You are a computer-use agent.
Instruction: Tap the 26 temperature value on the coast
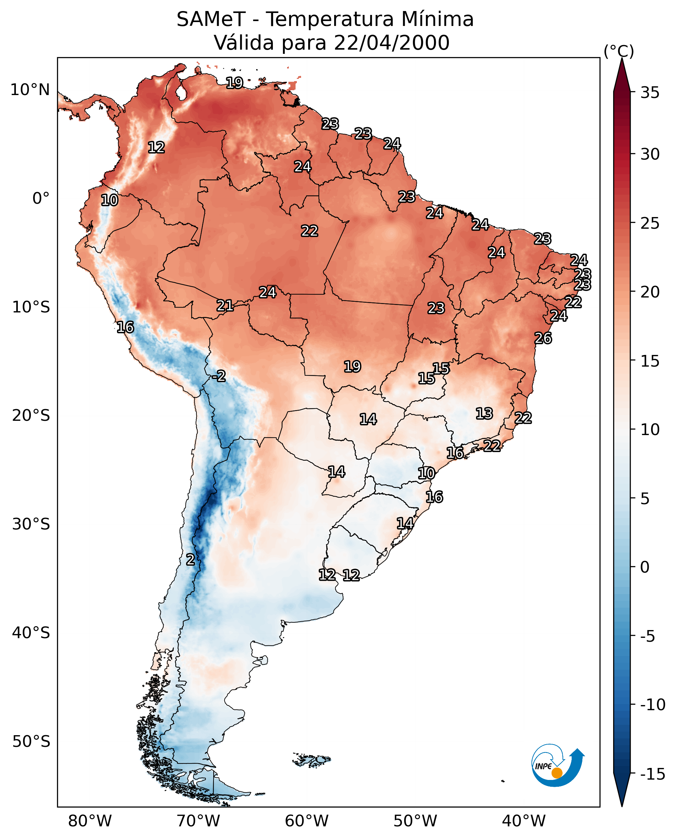click(x=543, y=338)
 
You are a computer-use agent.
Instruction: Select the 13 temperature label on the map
click(x=484, y=413)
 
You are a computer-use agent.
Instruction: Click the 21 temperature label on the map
click(x=225, y=305)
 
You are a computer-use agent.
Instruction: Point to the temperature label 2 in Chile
click(x=190, y=559)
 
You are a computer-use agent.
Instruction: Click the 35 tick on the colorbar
click(x=650, y=93)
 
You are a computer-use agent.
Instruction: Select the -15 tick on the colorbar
click(x=653, y=774)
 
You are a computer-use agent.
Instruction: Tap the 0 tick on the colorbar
click(x=645, y=567)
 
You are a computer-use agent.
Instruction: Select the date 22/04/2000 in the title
click(x=392, y=43)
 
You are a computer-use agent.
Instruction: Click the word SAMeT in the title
click(x=211, y=19)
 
